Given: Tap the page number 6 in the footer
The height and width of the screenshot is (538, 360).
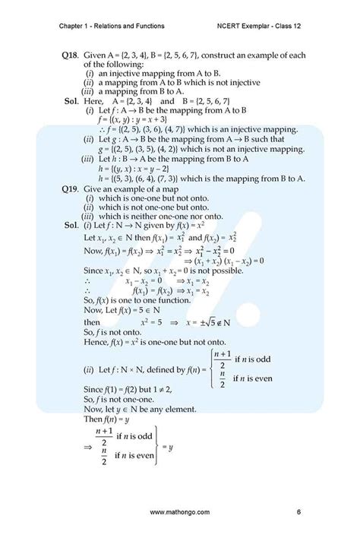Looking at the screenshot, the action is [x=299, y=513].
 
